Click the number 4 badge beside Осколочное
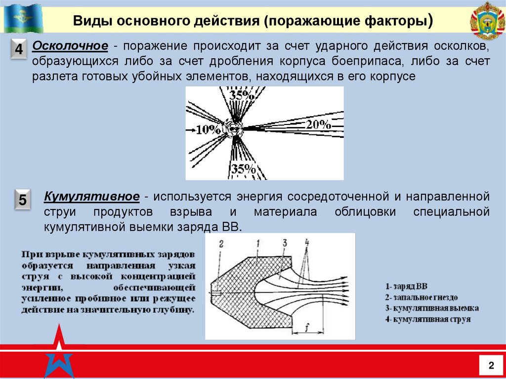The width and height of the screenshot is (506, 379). point(18,50)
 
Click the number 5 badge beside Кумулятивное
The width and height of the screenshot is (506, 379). point(22,201)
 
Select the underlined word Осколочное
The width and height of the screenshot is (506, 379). point(70,46)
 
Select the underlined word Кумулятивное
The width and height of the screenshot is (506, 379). point(92,196)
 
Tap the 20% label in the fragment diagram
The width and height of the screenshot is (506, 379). point(318,125)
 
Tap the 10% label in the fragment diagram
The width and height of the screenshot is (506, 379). point(208,130)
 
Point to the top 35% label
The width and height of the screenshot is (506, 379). point(242,96)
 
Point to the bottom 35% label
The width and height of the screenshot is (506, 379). point(243,169)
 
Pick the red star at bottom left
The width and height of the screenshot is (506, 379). point(59,352)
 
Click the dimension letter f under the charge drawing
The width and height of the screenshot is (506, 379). point(307,327)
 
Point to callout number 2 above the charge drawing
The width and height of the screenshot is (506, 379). point(221,243)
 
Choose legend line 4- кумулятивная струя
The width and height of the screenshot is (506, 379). point(427,319)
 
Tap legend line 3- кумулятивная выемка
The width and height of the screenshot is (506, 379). point(431,308)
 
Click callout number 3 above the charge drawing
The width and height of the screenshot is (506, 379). point(285,242)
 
